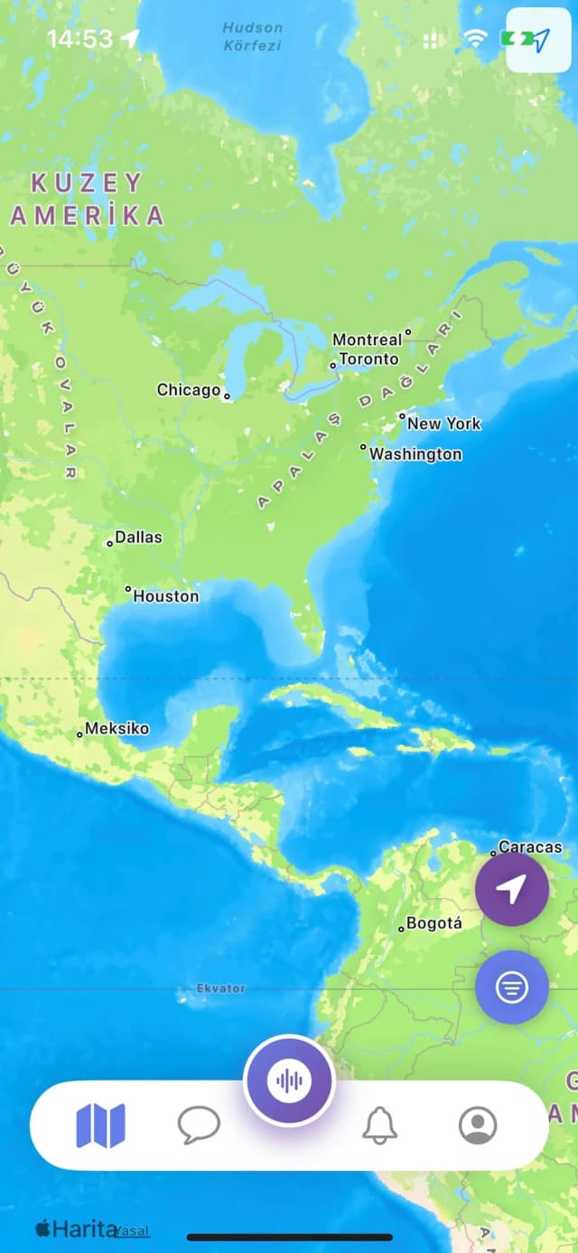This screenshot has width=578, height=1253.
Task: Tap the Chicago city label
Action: click(x=189, y=390)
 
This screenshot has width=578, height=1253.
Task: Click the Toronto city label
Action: click(x=368, y=360)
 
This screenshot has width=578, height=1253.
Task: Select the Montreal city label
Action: click(x=367, y=340)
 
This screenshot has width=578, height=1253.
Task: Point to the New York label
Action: click(x=443, y=424)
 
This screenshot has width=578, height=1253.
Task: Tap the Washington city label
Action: click(x=415, y=454)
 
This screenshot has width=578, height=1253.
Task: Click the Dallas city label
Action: click(x=138, y=538)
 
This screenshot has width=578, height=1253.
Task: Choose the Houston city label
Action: click(x=166, y=596)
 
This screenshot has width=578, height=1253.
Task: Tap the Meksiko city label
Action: click(x=117, y=729)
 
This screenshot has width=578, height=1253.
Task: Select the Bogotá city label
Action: click(x=433, y=923)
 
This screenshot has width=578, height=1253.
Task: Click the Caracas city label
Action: click(x=530, y=847)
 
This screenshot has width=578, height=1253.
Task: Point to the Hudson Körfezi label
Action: click(x=253, y=35)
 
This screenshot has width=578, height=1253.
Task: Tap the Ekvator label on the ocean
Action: click(x=221, y=989)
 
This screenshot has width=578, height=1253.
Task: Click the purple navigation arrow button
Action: click(x=512, y=890)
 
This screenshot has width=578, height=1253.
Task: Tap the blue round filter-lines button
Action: click(x=512, y=987)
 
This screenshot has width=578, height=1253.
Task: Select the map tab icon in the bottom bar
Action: click(x=101, y=1126)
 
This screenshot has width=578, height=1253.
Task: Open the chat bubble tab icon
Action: click(x=199, y=1126)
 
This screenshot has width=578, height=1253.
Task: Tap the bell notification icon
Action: click(x=380, y=1126)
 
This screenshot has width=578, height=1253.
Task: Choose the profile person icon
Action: click(x=478, y=1126)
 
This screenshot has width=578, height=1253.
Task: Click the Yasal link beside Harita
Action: click(x=133, y=1230)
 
